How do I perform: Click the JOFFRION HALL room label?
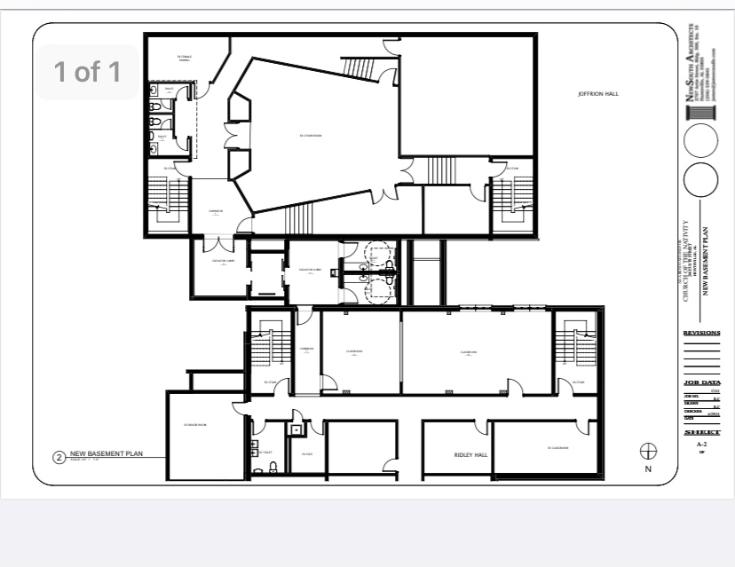pyautogui.click(x=597, y=93)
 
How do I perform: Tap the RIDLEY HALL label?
pyautogui.click(x=470, y=455)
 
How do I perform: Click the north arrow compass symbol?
pyautogui.click(x=648, y=451)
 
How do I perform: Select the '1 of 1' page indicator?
pyautogui.click(x=86, y=71)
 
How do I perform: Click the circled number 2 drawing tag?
pyautogui.click(x=59, y=458)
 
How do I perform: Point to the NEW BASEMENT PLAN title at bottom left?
pyautogui.click(x=107, y=453)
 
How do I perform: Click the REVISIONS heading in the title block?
pyautogui.click(x=701, y=334)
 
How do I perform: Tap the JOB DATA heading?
pyautogui.click(x=701, y=383)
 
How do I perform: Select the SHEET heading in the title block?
pyautogui.click(x=701, y=432)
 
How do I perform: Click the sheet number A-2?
pyautogui.click(x=701, y=444)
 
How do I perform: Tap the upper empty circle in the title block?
pyautogui.click(x=701, y=141)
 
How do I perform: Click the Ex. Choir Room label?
pyautogui.click(x=310, y=135)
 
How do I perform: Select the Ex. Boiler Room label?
pyautogui.click(x=195, y=425)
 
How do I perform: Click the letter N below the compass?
pyautogui.click(x=648, y=469)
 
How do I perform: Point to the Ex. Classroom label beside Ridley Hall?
pyautogui.click(x=557, y=448)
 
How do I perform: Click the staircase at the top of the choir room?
pyautogui.click(x=359, y=67)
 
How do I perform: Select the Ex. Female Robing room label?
pyautogui.click(x=185, y=59)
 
